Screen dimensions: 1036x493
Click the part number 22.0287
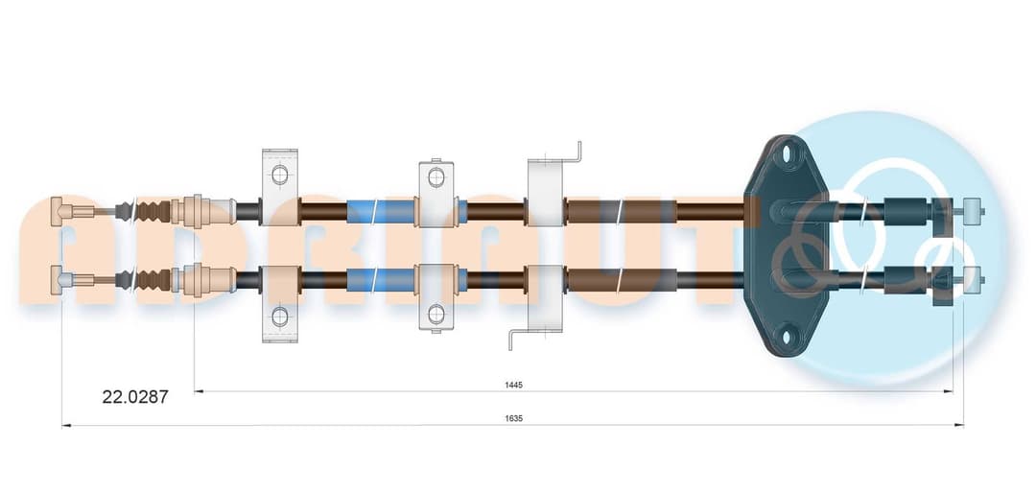[135, 397]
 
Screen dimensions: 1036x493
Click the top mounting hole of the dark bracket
[787, 153]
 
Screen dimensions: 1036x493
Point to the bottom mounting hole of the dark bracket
[787, 336]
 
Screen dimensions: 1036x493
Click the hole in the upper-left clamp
[280, 175]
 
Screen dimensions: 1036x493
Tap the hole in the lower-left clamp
[280, 316]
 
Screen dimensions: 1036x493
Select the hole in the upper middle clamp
[436, 176]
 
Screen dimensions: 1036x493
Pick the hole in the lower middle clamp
[436, 314]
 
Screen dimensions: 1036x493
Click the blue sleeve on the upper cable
[381, 211]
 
